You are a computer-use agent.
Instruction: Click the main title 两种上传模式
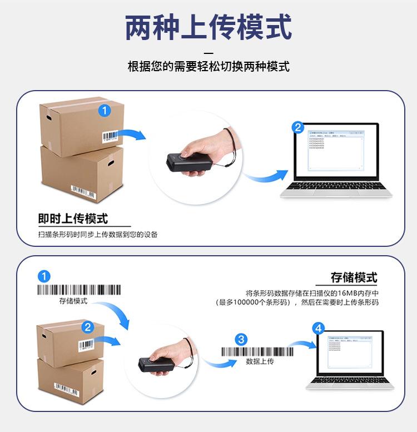[209, 28]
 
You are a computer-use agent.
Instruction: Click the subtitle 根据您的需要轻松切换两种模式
[209, 67]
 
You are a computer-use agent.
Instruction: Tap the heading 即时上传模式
[73, 219]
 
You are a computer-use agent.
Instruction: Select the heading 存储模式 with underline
[354, 277]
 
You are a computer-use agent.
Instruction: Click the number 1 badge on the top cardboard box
[105, 111]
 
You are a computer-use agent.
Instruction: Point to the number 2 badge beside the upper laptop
[298, 128]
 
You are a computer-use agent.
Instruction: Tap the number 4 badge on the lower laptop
[319, 328]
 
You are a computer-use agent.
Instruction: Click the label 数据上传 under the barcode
[260, 361]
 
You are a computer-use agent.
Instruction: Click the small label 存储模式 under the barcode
[73, 301]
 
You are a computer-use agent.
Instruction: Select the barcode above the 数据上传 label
[257, 351]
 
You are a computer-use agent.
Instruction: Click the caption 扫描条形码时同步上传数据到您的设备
[98, 234]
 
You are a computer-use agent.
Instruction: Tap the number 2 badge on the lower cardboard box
[87, 327]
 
